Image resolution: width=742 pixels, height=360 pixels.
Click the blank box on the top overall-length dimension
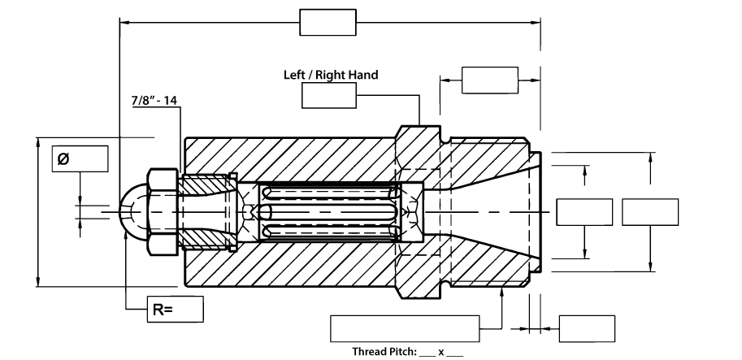(x=328, y=22)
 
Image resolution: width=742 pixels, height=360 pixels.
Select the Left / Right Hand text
(x=330, y=75)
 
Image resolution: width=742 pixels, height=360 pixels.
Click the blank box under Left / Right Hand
(x=329, y=96)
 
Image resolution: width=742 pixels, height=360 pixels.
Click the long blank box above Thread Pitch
(x=404, y=328)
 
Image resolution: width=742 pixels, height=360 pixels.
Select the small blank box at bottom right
(x=587, y=328)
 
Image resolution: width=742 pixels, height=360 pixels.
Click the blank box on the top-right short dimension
(x=489, y=80)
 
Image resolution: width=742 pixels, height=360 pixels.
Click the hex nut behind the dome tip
(x=162, y=211)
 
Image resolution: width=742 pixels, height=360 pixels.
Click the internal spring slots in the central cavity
(x=329, y=213)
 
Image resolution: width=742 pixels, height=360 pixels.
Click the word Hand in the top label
(x=363, y=75)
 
